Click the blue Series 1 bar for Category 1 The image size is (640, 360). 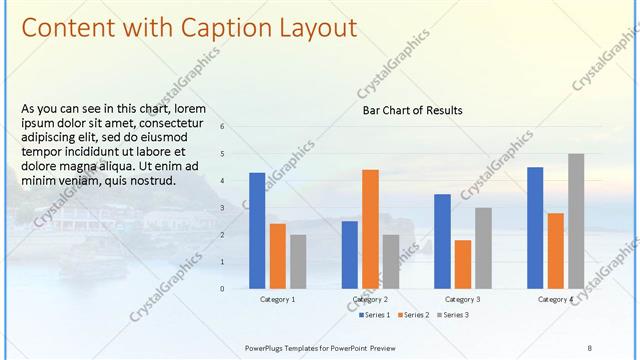(x=257, y=230)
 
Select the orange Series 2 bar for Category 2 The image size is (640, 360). (x=370, y=228)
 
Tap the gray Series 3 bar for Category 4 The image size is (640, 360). (x=576, y=221)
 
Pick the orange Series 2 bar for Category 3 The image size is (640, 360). (x=462, y=263)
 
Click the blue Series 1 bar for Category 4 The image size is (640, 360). (x=535, y=227)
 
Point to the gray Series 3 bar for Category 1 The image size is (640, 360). (x=298, y=261)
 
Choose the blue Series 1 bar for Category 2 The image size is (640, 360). (x=349, y=254)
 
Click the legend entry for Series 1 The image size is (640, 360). (x=376, y=315)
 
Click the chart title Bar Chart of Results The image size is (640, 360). (x=412, y=110)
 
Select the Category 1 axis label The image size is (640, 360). (x=277, y=300)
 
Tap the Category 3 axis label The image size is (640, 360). (x=462, y=300)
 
